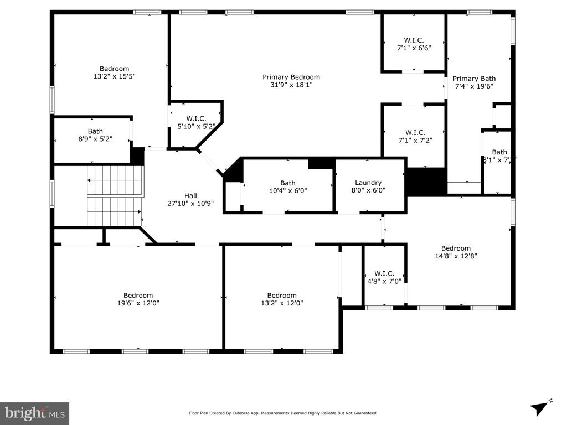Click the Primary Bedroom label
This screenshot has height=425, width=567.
point(291,77)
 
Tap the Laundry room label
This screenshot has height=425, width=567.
point(368,183)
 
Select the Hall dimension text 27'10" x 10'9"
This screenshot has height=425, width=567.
point(190,203)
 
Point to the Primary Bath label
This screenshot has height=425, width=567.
point(474,79)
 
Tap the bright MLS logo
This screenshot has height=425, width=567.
point(34,413)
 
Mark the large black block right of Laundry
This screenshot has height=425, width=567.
point(426,181)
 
